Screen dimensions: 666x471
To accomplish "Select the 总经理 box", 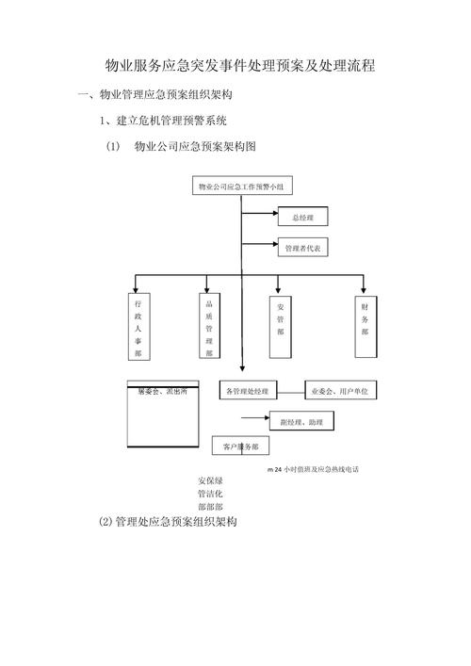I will tap(302, 218).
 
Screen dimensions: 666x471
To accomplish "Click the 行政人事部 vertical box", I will tap(138, 328).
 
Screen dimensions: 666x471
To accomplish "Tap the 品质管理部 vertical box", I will tap(209, 326).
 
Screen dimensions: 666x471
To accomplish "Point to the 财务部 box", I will tap(365, 326).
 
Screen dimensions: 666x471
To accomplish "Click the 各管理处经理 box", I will tap(248, 390).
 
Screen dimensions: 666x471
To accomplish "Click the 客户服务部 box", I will tap(240, 446).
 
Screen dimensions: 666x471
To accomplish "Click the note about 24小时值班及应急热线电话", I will tap(314, 468).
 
